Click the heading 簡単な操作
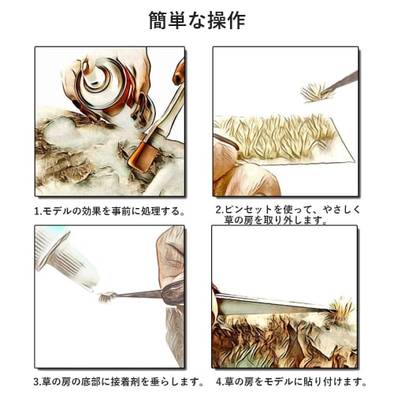[x=196, y=20]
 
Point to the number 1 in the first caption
[x=36, y=211]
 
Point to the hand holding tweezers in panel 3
[x=169, y=268]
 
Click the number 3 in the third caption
[x=36, y=382]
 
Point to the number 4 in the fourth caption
[x=218, y=382]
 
